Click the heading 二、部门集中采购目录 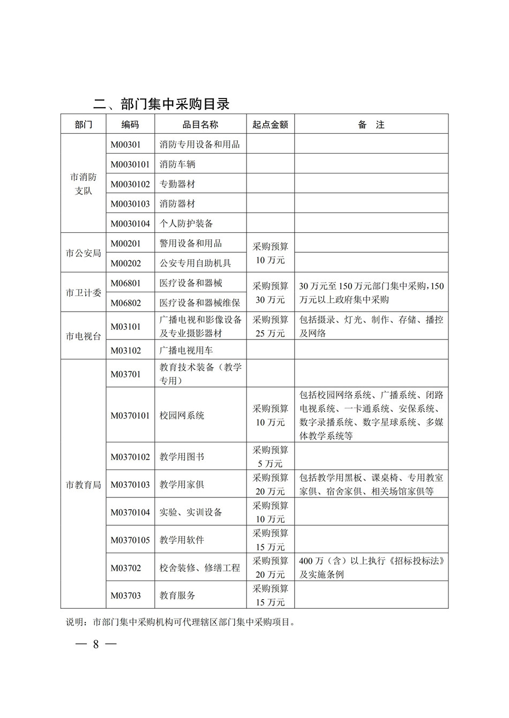pos(161,104)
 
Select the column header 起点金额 pos(270,125)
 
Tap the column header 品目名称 pos(200,125)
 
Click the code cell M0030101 pos(130,164)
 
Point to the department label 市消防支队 pos(84,184)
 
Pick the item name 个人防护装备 pos(186,224)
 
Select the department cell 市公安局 pos(84,253)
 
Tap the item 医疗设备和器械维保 pos(200,303)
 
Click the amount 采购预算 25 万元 pos(270,327)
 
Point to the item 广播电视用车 pos(186,351)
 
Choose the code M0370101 pos(130,415)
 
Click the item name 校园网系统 pos(182,415)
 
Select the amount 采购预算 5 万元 pos(270,457)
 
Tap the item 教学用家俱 pos(182,485)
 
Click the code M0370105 pos(130,540)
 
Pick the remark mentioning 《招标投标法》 pos(371,568)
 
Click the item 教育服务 pos(177,595)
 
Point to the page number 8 pos(96,644)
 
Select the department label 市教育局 pos(84,485)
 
